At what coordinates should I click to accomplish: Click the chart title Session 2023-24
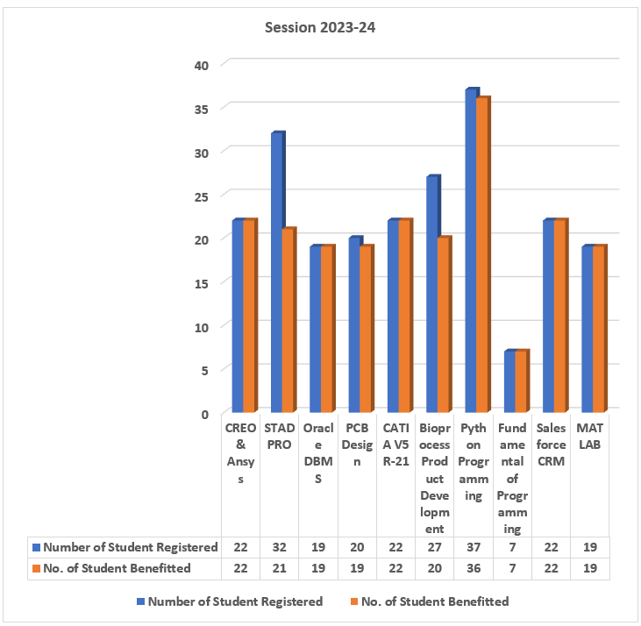(x=320, y=27)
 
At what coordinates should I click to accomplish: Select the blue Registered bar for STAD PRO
(x=276, y=272)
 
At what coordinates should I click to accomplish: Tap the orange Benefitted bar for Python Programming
(x=481, y=254)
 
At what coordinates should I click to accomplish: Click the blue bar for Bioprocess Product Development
(x=431, y=294)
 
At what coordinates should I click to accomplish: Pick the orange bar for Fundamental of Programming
(x=520, y=381)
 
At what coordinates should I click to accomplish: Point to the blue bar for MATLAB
(x=586, y=329)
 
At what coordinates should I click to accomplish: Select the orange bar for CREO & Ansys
(x=249, y=316)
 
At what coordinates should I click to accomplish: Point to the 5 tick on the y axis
(x=204, y=369)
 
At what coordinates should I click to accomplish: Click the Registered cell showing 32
(x=279, y=547)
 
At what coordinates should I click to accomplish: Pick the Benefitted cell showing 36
(x=474, y=568)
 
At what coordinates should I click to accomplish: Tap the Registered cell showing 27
(x=435, y=547)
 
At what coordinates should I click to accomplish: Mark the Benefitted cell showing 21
(x=279, y=568)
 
